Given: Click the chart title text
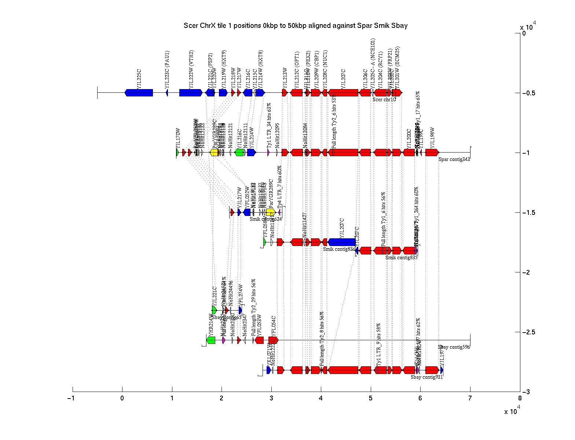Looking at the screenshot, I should pyautogui.click(x=296, y=26).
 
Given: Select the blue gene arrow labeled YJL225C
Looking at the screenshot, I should pyautogui.click(x=139, y=93).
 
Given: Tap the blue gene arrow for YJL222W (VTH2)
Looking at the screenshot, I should pyautogui.click(x=191, y=93).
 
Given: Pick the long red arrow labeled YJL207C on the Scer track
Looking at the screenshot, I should pyautogui.click(x=343, y=93).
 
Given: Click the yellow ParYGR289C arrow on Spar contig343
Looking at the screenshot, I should pyautogui.click(x=214, y=152).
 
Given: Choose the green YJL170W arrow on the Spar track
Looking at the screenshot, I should pyautogui.click(x=177, y=152).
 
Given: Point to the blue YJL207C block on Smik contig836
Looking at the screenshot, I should pyautogui.click(x=342, y=242).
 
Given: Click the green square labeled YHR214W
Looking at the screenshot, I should pyautogui.click(x=211, y=340).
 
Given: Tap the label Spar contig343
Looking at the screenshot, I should pyautogui.click(x=454, y=159).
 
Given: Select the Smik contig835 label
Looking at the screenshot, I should pyautogui.click(x=401, y=257).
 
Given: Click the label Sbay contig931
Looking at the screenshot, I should pyautogui.click(x=426, y=377).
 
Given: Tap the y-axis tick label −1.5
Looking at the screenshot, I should pyautogui.click(x=528, y=213).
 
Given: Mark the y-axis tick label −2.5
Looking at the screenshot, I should pyautogui.click(x=528, y=332).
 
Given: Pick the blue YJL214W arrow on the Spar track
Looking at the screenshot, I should pyautogui.click(x=251, y=152).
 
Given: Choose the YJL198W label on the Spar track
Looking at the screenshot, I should pyautogui.click(x=432, y=137).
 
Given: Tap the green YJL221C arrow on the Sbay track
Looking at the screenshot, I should pyautogui.click(x=214, y=310).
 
